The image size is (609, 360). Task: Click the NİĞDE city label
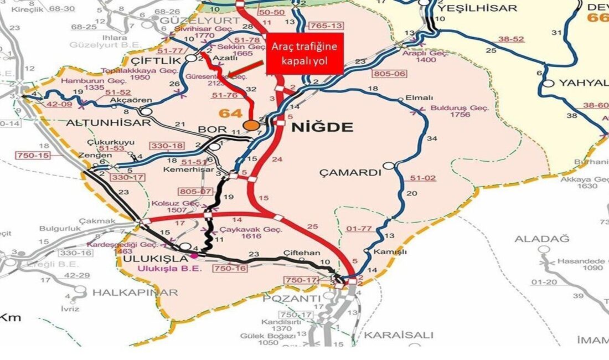[322, 128]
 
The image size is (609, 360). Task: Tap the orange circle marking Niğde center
[252, 125]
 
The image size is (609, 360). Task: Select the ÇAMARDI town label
[351, 173]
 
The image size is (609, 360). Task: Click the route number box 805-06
[391, 73]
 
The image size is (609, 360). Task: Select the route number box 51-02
[424, 178]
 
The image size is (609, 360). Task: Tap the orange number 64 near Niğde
[231, 114]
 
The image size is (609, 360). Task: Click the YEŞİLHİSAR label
[477, 8]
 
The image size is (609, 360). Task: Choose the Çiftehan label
[302, 253]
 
